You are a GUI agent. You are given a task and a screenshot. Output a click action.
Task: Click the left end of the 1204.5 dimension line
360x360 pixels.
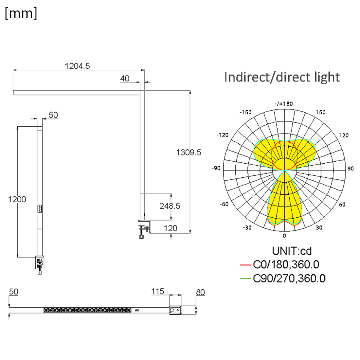click(13, 70)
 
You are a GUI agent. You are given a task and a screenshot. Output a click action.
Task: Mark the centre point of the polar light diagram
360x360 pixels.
click(284, 171)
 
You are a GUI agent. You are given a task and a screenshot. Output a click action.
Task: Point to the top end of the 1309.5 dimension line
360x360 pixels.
click(190, 91)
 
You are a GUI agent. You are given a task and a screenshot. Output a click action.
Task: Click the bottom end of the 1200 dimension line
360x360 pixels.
click(17, 257)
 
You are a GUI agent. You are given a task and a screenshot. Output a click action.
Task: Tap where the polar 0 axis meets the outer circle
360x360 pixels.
click(284, 231)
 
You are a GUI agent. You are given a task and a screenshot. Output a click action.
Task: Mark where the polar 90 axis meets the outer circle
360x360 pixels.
click(346, 171)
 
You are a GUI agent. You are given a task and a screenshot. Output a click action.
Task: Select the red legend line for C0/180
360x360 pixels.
click(245, 265)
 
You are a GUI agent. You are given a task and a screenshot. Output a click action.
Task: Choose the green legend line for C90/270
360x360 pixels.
click(245, 279)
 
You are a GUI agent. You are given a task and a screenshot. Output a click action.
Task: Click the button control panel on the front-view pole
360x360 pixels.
click(40, 209)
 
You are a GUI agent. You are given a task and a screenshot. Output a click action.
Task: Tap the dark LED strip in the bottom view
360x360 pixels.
click(87, 310)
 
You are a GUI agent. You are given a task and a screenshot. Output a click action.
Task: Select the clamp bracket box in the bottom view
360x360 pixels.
click(175, 310)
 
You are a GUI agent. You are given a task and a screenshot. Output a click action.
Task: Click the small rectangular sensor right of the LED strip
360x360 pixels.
click(137, 310)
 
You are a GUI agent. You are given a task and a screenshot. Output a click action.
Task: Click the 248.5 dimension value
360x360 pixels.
click(170, 206)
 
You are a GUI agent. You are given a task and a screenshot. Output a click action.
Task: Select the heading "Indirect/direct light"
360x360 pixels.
click(282, 77)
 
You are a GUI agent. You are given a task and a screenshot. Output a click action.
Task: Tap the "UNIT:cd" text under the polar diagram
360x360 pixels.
click(292, 251)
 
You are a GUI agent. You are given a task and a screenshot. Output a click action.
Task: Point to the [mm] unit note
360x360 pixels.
click(21, 13)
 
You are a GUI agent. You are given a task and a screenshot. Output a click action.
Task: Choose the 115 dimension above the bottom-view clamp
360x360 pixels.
click(158, 292)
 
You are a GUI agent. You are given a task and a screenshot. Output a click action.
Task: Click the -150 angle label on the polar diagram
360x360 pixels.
click(245, 112)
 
